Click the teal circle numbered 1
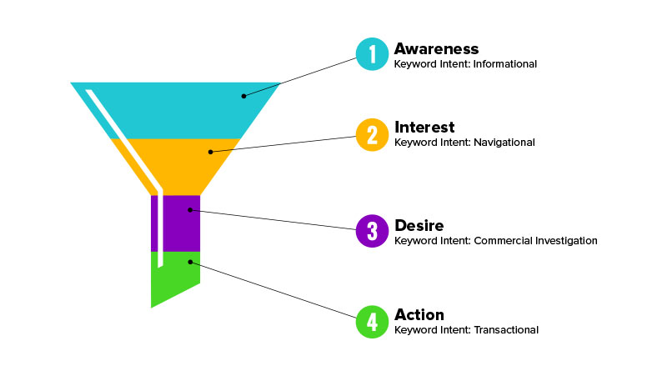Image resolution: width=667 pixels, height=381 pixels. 372,54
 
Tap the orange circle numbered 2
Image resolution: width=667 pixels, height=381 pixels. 372,135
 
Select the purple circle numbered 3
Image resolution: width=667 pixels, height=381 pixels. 372,231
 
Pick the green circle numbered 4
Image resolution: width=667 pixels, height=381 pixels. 372,322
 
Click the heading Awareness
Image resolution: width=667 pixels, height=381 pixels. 436,49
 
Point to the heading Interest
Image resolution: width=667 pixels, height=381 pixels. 424,128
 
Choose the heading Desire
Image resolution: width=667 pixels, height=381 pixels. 419,225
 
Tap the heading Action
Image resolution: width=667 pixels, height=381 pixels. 419,314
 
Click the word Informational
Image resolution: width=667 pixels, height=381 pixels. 505,64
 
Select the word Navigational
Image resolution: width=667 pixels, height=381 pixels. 504,143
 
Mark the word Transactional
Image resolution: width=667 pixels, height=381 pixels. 506,330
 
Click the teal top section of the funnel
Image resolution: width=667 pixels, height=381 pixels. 178,111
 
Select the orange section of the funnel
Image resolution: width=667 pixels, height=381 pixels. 183,167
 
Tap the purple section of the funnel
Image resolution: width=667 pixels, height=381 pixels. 178,223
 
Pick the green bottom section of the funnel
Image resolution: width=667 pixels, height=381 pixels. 174,277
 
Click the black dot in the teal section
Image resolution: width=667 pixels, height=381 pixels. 243,96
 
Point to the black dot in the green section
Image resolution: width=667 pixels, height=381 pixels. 190,262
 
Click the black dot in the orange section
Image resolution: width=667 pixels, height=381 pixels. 211,152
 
